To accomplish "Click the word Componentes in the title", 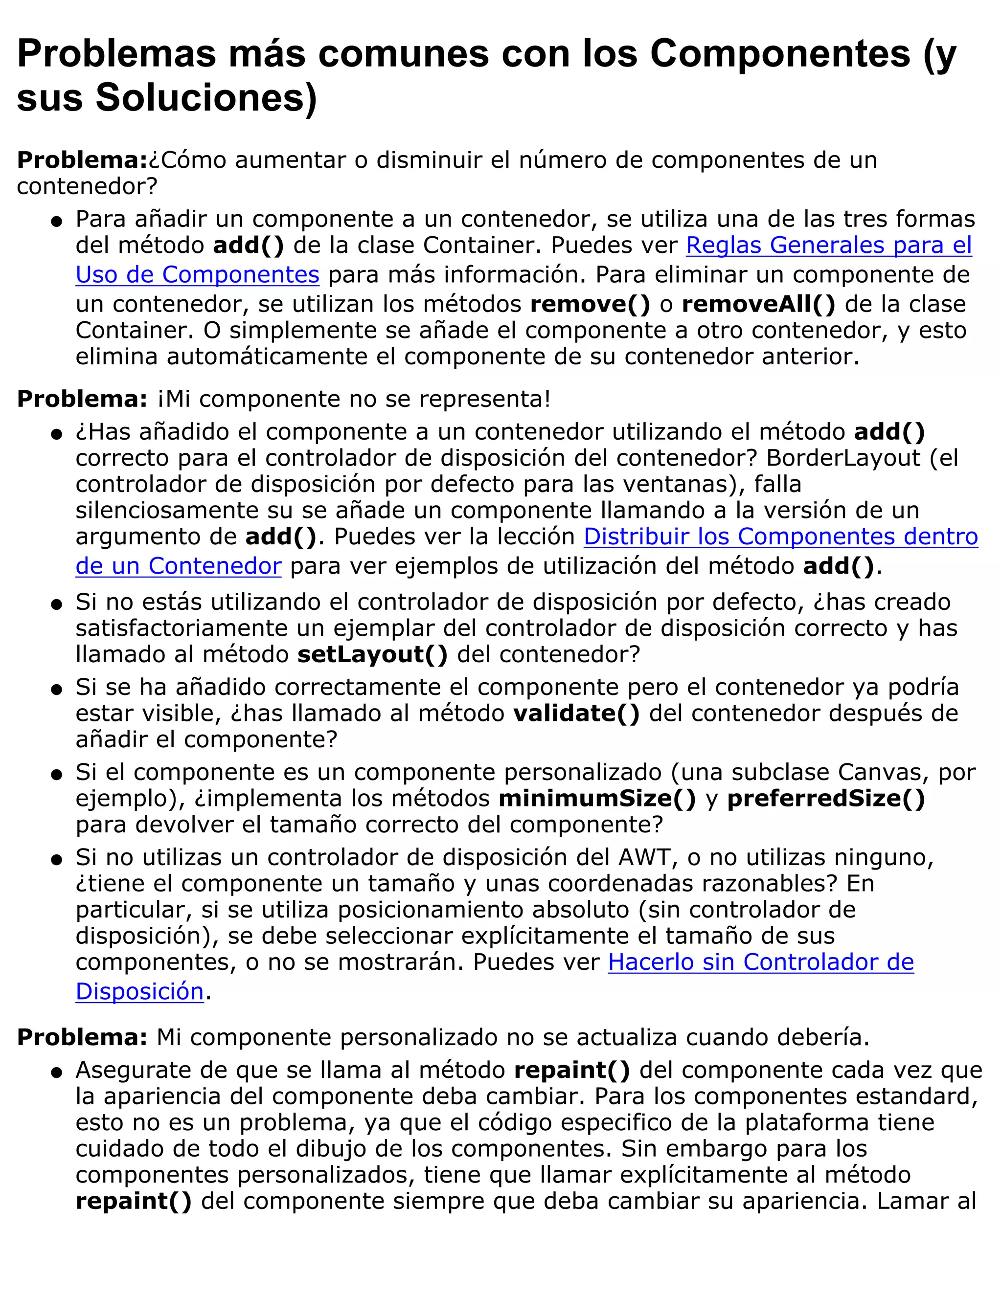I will [x=780, y=53].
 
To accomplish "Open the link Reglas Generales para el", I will [x=829, y=245].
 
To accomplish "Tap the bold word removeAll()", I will [x=758, y=304].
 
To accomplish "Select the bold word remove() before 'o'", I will [x=590, y=304].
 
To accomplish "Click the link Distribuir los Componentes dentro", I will [x=780, y=536].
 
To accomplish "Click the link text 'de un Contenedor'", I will [x=178, y=566].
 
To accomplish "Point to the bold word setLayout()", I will [x=372, y=654].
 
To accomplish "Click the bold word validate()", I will [x=576, y=713].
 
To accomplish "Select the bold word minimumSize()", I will [x=596, y=799].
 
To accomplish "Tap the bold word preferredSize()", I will [x=826, y=799].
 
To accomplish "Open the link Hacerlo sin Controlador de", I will [x=760, y=962].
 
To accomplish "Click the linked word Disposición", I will [x=139, y=992].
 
